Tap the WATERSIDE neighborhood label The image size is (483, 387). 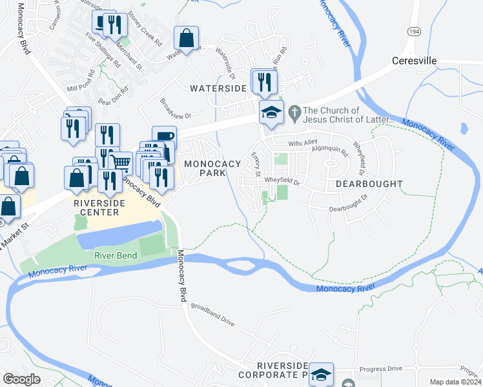[x=218, y=88]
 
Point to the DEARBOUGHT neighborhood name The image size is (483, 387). [x=369, y=184]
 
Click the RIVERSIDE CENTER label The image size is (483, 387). [x=96, y=207]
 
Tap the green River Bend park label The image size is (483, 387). [x=116, y=255]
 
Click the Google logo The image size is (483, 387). [x=22, y=379]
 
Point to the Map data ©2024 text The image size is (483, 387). [x=455, y=382]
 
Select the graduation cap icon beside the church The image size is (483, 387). [x=271, y=112]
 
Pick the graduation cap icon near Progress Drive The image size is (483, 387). [x=321, y=374]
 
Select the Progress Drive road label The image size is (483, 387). [x=381, y=368]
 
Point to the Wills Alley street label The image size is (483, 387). [x=303, y=143]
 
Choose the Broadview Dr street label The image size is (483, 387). [x=176, y=110]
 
